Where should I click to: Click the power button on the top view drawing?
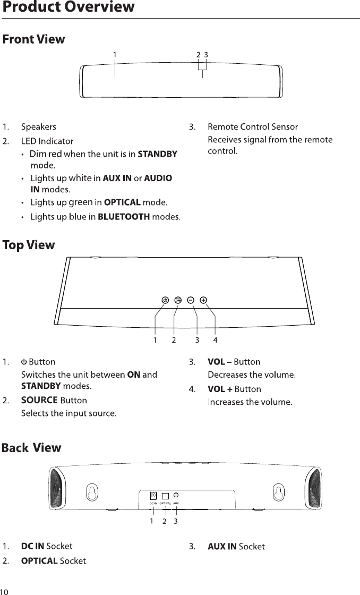click(165, 300)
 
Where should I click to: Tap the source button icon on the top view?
click(178, 300)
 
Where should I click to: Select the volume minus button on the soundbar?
click(191, 300)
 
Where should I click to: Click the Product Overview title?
click(68, 7)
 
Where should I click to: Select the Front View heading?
click(34, 39)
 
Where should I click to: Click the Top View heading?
click(29, 245)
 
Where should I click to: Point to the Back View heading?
click(31, 448)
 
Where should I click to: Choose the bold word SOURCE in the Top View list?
click(39, 399)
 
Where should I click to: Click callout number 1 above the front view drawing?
click(115, 54)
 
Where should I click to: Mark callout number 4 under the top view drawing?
click(216, 339)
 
